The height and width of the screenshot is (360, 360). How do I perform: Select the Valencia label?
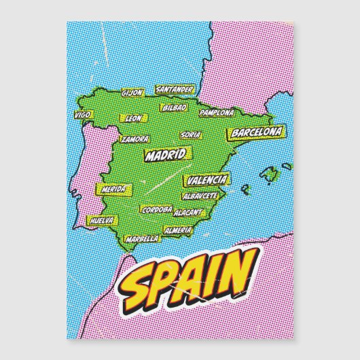tap(206, 180)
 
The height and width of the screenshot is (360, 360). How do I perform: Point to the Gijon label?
tap(132, 92)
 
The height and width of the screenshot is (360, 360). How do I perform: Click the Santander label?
tap(175, 89)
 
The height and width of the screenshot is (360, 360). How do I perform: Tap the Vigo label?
tap(84, 115)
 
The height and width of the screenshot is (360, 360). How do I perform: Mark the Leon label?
tap(134, 118)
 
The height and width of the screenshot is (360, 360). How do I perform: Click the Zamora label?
tap(134, 139)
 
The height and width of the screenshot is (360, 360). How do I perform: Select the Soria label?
tap(192, 134)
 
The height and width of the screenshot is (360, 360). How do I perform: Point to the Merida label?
tap(113, 190)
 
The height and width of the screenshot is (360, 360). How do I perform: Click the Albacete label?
tap(200, 196)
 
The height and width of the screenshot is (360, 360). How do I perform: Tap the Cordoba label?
tap(156, 211)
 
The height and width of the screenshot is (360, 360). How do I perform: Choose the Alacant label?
tap(187, 213)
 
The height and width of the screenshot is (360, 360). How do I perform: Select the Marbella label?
tap(142, 238)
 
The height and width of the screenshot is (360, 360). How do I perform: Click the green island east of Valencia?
tap(270, 175)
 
